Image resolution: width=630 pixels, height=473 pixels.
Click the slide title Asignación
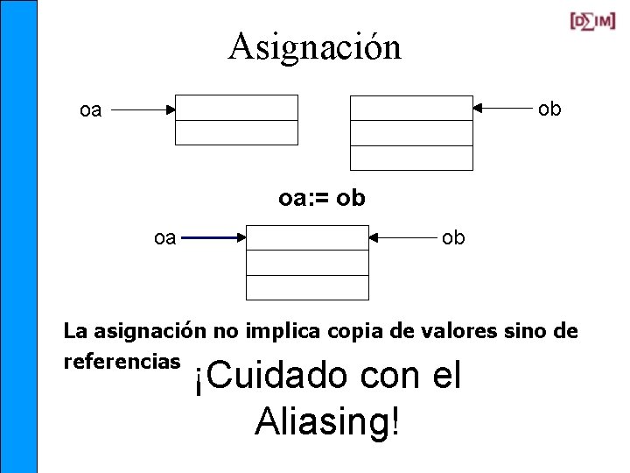pos(315,46)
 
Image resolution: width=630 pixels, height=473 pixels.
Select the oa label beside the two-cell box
pos(91,111)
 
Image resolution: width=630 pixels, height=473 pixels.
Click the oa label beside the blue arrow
pos(164,237)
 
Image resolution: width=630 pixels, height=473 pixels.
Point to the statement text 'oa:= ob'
pos(322,199)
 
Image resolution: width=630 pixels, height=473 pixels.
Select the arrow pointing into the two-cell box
pos(143,110)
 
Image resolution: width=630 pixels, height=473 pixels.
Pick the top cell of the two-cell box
pos(236,107)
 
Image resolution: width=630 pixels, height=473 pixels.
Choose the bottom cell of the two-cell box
pos(236,132)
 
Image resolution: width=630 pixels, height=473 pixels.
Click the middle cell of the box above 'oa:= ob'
pos(411,132)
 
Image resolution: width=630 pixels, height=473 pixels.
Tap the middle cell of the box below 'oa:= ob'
pos(307,263)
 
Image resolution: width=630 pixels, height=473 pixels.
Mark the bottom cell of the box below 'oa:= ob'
pos(307,287)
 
